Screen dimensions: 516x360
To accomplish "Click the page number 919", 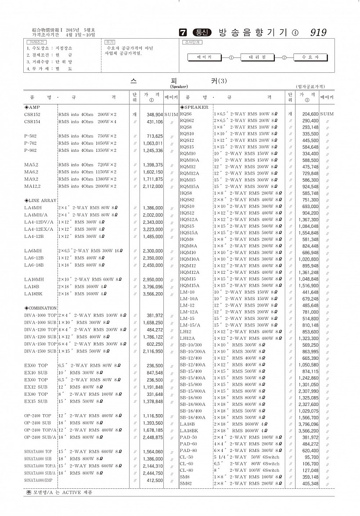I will tap(318, 32).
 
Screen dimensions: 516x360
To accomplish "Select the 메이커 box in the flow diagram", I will tap(204, 57).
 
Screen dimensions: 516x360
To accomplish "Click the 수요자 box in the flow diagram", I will tap(310, 57).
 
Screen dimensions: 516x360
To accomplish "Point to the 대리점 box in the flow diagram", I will tap(257, 57).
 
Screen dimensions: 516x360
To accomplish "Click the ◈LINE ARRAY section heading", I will tap(40, 201).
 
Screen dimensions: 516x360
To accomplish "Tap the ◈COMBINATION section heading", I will tap(41, 308).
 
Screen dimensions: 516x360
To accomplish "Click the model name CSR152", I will tap(32, 114).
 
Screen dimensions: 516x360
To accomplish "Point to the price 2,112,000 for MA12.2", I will tap(153, 186).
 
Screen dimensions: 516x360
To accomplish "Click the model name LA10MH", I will tap(34, 279).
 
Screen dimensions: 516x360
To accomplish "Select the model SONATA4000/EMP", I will tap(38, 480).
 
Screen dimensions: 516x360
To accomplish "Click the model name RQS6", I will tap(186, 114).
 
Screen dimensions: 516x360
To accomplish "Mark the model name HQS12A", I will tap(189, 219).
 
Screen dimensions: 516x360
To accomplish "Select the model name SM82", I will tap(185, 484).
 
